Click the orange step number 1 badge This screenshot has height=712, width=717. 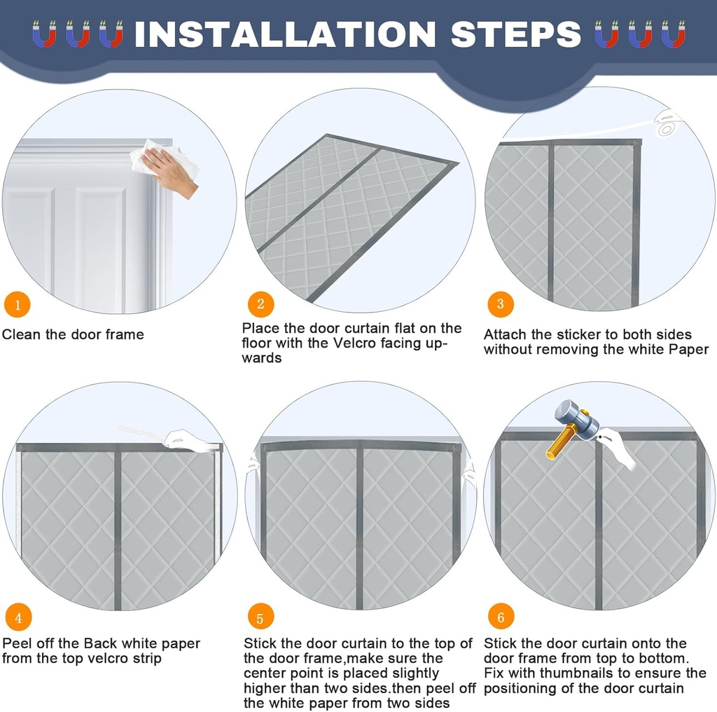click(x=18, y=305)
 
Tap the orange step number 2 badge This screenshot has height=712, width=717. click(x=260, y=303)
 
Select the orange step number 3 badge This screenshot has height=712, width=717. click(x=500, y=303)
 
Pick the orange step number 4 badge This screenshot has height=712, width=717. click(x=18, y=617)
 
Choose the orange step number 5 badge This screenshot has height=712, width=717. click(x=260, y=618)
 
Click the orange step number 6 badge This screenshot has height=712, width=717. click(x=501, y=617)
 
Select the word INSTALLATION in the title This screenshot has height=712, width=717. click(x=284, y=34)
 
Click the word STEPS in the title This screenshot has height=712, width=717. click(x=515, y=34)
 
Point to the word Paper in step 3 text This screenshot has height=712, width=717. click(x=689, y=349)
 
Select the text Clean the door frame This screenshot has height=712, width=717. click(x=73, y=334)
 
